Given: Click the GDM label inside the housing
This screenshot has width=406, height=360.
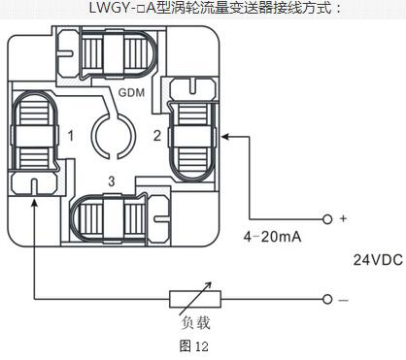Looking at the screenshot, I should tap(133, 94).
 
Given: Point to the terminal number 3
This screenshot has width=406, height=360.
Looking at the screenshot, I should tap(112, 180).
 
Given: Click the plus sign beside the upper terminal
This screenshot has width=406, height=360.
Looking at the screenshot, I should tap(343, 218).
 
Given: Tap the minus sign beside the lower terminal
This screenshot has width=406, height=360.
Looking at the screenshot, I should tap(343, 299).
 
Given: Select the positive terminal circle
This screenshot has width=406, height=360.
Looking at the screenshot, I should tap(327, 218).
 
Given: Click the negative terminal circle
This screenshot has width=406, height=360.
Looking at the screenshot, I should tap(327, 299).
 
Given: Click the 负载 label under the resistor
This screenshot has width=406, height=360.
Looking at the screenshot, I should tap(194, 322).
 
